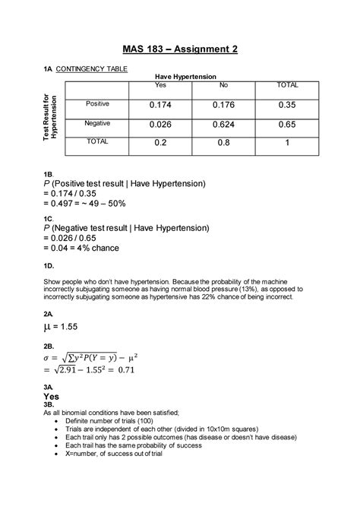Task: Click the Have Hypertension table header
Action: pyautogui.click(x=186, y=78)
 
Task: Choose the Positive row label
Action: pyautogui.click(x=97, y=103)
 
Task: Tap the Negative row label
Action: pyautogui.click(x=97, y=122)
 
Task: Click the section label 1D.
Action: pyautogui.click(x=49, y=266)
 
